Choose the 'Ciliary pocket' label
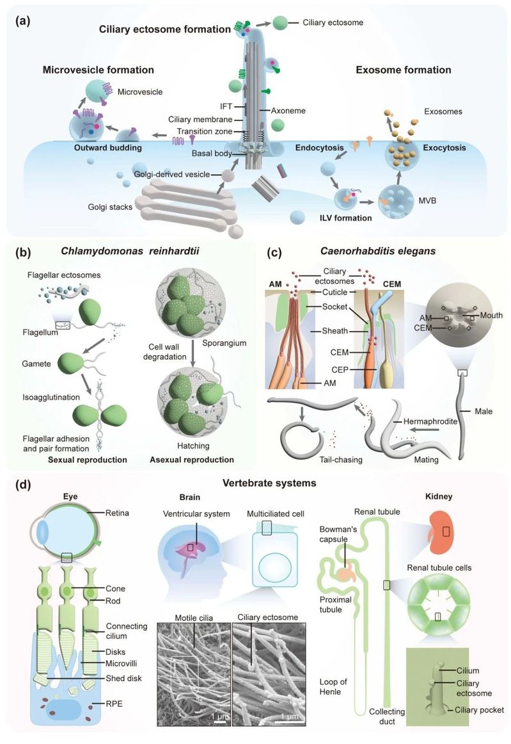tap(476, 709)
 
